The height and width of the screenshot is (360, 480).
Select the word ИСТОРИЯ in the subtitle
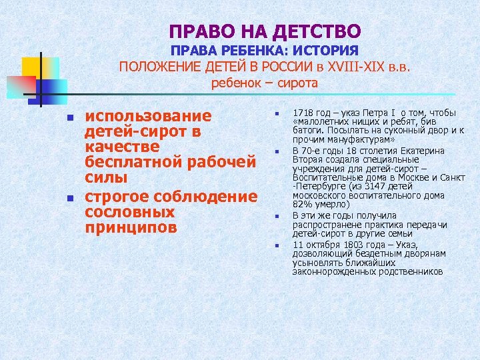click(x=327, y=51)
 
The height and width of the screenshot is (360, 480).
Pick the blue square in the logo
click(x=53, y=87)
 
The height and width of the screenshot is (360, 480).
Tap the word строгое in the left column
click(x=117, y=196)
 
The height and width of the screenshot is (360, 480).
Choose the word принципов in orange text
click(x=131, y=228)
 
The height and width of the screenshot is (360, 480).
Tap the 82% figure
click(x=301, y=205)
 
